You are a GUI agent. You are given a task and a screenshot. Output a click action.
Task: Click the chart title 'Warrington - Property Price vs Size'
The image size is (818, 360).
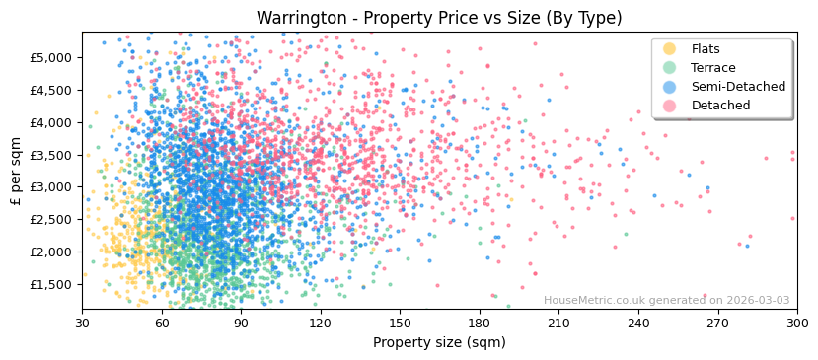pos(439,18)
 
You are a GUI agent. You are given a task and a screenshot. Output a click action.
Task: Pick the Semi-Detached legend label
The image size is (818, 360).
pos(738,87)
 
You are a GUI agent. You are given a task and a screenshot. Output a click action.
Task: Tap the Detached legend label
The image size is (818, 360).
pos(720,106)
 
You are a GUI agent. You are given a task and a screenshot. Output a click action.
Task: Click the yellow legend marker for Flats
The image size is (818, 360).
pos(670,49)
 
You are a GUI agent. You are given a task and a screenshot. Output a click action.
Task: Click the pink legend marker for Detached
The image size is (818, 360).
pos(670,106)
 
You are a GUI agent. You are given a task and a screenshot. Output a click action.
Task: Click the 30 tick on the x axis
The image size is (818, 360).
pos(82,323)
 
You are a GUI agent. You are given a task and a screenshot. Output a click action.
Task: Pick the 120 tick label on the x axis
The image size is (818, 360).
pos(320,323)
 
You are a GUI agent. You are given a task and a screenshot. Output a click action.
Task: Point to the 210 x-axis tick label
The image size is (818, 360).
pos(558,323)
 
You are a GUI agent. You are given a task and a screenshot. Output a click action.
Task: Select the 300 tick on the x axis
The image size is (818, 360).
pos(796,323)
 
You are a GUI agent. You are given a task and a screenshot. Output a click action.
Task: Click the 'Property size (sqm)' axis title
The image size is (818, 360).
pos(439,343)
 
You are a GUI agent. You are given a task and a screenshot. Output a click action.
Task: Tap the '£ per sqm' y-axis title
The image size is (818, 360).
pos(16,171)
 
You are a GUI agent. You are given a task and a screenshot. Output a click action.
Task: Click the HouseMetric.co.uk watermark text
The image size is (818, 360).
pos(666,300)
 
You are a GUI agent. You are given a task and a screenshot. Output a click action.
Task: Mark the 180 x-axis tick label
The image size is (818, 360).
pos(479,323)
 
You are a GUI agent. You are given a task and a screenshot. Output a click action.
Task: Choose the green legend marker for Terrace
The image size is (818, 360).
pos(670,68)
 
